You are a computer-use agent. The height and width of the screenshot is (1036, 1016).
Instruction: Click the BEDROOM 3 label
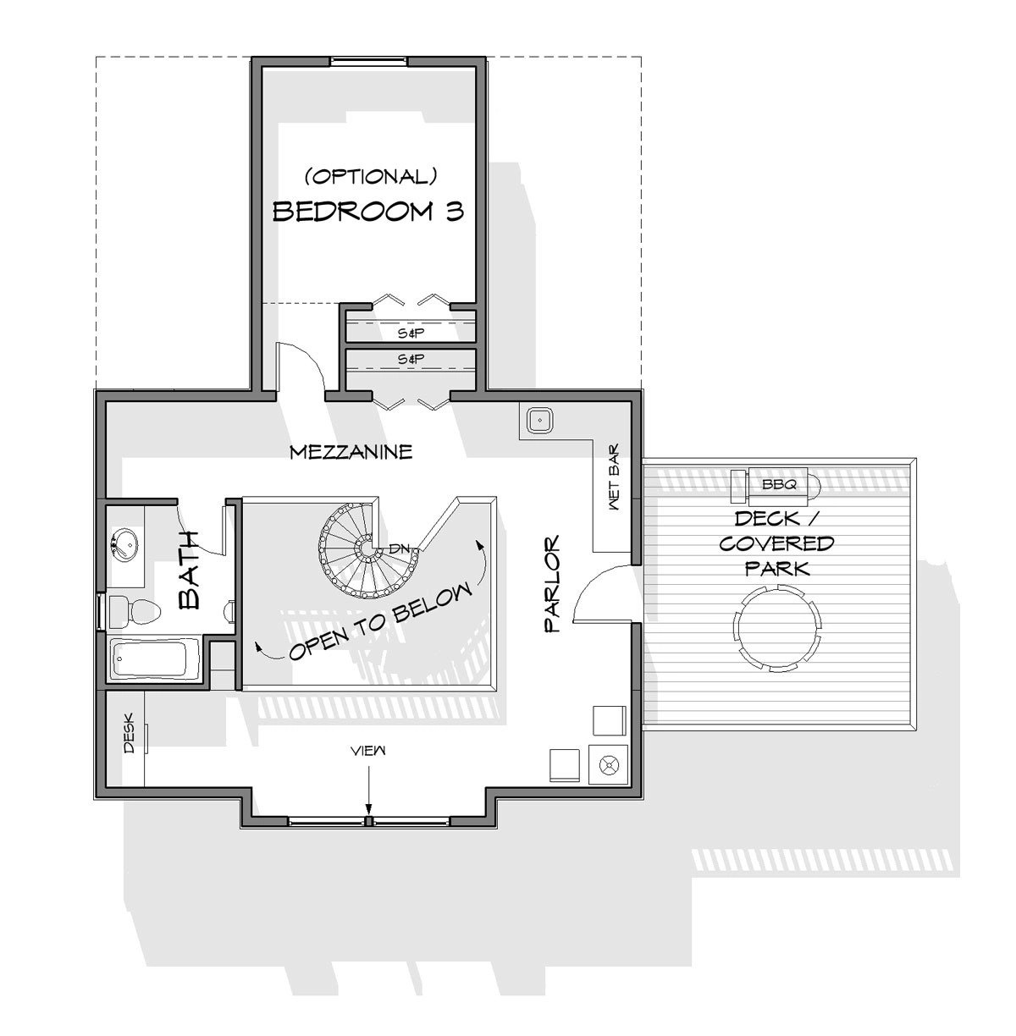coord(368,211)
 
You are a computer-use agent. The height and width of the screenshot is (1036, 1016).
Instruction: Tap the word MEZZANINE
coord(351,452)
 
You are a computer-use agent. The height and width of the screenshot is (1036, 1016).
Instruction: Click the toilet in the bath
coord(135,612)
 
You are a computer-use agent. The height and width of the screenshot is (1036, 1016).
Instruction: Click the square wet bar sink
coord(538,420)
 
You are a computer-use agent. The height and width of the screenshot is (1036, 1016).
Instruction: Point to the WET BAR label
coord(613,477)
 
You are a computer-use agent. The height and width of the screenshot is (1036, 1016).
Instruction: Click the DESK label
coord(129,733)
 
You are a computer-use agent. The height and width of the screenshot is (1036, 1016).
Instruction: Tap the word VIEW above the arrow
coord(368,751)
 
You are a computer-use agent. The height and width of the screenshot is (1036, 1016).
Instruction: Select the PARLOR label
coord(552,584)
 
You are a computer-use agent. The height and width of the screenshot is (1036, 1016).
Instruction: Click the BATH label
coord(189,570)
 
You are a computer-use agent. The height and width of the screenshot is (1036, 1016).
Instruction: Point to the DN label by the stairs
coord(399,549)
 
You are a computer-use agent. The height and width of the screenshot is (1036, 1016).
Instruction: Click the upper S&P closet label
coord(411,333)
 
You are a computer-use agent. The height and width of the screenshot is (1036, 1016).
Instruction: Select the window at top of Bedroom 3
coord(368,61)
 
